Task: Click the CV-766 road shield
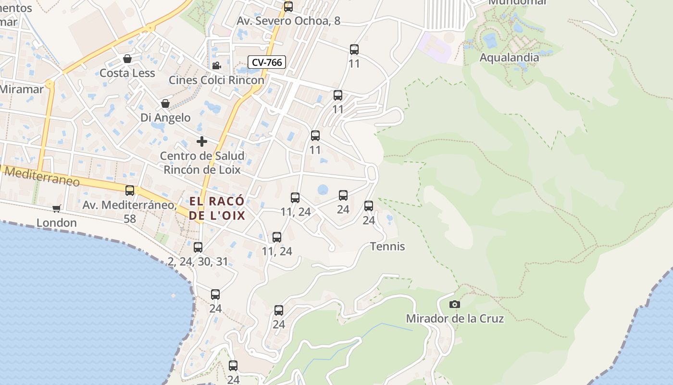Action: pos(267,62)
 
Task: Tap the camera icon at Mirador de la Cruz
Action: pos(454,304)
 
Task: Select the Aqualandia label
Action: pos(509,57)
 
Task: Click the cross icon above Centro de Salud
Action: pos(202,141)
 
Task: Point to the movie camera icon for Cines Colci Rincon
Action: pos(216,65)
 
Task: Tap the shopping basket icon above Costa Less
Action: pos(127,59)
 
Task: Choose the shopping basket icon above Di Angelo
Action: pos(165,103)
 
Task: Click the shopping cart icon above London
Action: pos(57,208)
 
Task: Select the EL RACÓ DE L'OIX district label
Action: pos(217,208)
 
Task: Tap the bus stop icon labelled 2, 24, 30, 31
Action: pos(198,247)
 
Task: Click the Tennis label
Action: pos(387,246)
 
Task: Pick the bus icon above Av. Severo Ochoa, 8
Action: pos(288,7)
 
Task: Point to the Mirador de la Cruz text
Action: pos(455,319)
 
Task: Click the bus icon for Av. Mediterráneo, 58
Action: pos(130,191)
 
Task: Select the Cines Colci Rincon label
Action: pos(216,80)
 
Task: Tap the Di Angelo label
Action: pos(165,117)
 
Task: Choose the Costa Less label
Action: pos(127,73)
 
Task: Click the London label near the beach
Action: pos(57,223)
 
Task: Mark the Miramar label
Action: pos(22,89)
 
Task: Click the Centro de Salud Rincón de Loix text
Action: pos(202,163)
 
